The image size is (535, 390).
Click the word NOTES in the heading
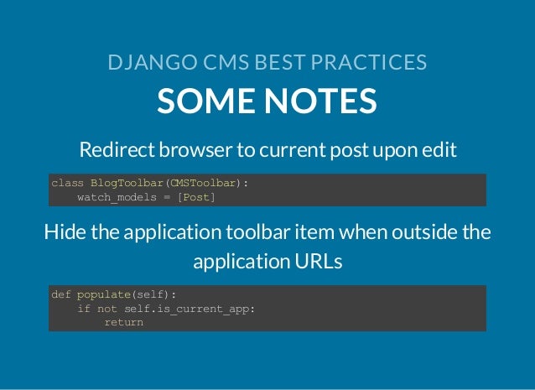click(322, 101)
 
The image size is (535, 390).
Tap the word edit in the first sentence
click(440, 150)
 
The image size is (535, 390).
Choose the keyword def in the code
click(61, 294)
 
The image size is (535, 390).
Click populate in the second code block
click(104, 294)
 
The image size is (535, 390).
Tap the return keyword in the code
click(123, 321)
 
